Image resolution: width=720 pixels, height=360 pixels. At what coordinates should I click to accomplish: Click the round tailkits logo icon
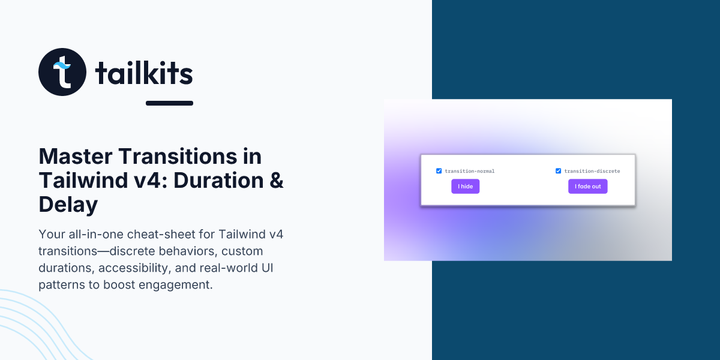pyautogui.click(x=62, y=72)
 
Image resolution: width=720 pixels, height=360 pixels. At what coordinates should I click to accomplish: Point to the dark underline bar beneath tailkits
pyautogui.click(x=169, y=103)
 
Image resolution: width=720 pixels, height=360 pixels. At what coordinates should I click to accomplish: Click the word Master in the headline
pyautogui.click(x=76, y=157)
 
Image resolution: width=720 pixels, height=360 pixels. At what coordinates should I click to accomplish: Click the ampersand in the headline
pyautogui.click(x=277, y=181)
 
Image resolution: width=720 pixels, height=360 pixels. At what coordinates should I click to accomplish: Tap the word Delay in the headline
pyautogui.click(x=68, y=205)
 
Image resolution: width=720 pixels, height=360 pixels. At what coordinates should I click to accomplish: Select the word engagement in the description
pyautogui.click(x=175, y=285)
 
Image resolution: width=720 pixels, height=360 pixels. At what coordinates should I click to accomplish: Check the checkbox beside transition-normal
pyautogui.click(x=439, y=170)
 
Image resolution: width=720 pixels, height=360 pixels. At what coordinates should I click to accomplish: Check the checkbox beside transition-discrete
pyautogui.click(x=559, y=170)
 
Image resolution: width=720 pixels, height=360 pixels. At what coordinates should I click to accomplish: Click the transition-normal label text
pyautogui.click(x=470, y=171)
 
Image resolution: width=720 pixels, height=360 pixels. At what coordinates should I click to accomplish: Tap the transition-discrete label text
pyautogui.click(x=592, y=171)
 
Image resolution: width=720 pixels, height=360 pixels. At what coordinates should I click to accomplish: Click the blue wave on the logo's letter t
pyautogui.click(x=62, y=65)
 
